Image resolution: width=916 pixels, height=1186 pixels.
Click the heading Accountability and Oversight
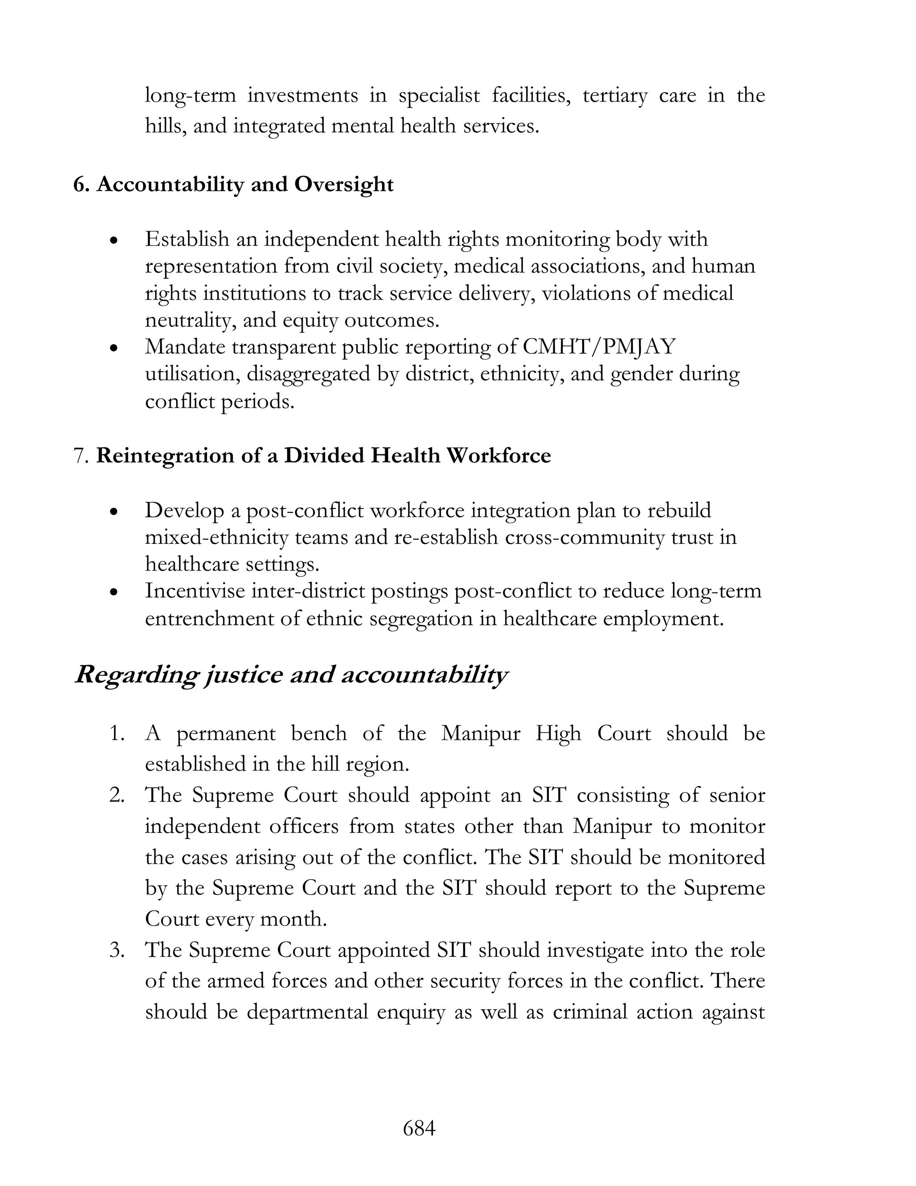245,185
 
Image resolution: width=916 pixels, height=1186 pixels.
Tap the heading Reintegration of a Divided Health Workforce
323,455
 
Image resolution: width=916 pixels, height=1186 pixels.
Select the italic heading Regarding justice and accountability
292,675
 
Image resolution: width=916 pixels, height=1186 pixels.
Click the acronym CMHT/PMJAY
599,346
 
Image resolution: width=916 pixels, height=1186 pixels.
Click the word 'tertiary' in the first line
615,96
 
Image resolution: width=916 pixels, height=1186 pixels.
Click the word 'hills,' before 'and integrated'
165,126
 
